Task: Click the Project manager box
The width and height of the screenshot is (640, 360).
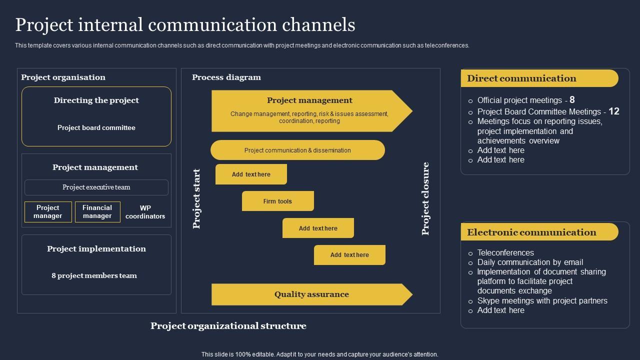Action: pyautogui.click(x=48, y=212)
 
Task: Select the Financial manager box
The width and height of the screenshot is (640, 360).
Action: pyautogui.click(x=97, y=212)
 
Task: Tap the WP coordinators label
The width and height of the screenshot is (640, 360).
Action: pyautogui.click(x=145, y=212)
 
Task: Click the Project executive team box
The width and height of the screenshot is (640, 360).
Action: pyautogui.click(x=96, y=187)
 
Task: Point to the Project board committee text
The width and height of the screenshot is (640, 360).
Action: pyautogui.click(x=96, y=127)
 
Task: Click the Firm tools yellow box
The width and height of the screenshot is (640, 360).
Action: pyautogui.click(x=278, y=201)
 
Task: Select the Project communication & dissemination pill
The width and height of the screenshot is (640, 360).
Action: pyautogui.click(x=297, y=150)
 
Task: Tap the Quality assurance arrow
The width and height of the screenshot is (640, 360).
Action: pyautogui.click(x=311, y=294)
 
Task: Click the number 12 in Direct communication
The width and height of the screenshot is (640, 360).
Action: pyautogui.click(x=614, y=111)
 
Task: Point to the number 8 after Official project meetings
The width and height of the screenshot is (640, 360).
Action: pyautogui.click(x=572, y=100)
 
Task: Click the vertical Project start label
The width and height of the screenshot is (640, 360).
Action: pyautogui.click(x=196, y=198)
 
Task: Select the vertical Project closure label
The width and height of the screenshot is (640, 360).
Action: pyautogui.click(x=425, y=198)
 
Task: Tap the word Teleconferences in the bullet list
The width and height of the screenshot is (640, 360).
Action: pyautogui.click(x=505, y=252)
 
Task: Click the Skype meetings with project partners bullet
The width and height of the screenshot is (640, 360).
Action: pyautogui.click(x=542, y=300)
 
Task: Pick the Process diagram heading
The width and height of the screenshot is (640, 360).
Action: pyautogui.click(x=226, y=77)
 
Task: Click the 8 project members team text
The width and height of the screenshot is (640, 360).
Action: pyautogui.click(x=94, y=275)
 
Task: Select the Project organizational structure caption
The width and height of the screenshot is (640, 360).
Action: pyautogui.click(x=228, y=326)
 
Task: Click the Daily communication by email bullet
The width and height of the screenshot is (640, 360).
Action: pyautogui.click(x=530, y=262)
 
